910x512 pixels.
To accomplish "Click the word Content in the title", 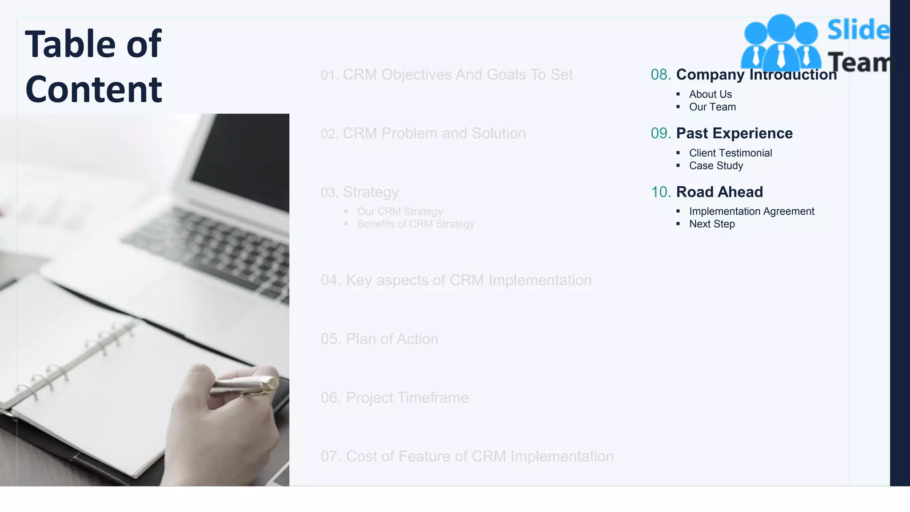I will point(94,89).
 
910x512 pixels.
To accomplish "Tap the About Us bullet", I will point(710,94).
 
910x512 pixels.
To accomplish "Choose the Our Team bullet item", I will point(712,107).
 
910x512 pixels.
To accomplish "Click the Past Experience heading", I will point(734,133).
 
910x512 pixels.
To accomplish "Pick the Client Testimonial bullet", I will point(730,153).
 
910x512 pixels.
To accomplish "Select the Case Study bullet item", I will point(716,166).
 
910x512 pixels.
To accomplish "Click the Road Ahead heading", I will point(719,192).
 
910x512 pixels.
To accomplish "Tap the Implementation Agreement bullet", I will point(751,212).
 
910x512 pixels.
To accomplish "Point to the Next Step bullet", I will point(712,224).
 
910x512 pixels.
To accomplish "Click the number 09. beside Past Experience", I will point(661,133).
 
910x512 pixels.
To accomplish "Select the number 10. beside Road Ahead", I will point(661,192).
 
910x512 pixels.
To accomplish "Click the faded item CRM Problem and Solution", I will point(434,133).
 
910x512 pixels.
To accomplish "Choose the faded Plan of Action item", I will point(392,339).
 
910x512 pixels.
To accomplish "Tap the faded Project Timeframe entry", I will point(407,398).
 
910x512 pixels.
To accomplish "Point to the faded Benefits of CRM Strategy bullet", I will point(415,224).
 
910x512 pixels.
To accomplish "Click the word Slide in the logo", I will point(858,30).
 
